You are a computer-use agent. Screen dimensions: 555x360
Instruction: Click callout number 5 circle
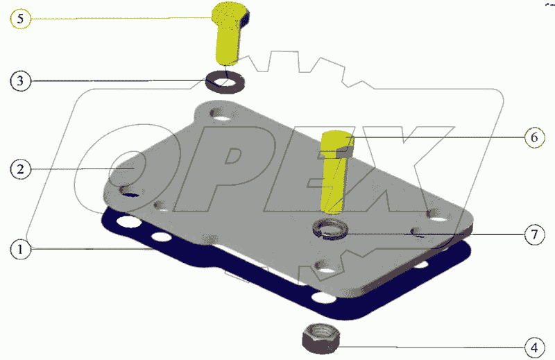(21, 19)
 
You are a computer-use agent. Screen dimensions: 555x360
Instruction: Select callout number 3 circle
(21, 81)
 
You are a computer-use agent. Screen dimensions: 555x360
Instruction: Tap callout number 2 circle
(21, 169)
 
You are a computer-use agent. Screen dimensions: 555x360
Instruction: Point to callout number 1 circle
(21, 249)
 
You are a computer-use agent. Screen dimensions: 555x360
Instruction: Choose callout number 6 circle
(534, 137)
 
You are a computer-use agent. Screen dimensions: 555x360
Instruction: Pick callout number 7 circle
(534, 234)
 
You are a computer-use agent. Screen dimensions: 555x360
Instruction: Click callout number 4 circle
(534, 348)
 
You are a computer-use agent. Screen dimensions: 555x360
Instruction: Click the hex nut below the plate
(321, 338)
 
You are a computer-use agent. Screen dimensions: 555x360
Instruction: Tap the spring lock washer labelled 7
(330, 230)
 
